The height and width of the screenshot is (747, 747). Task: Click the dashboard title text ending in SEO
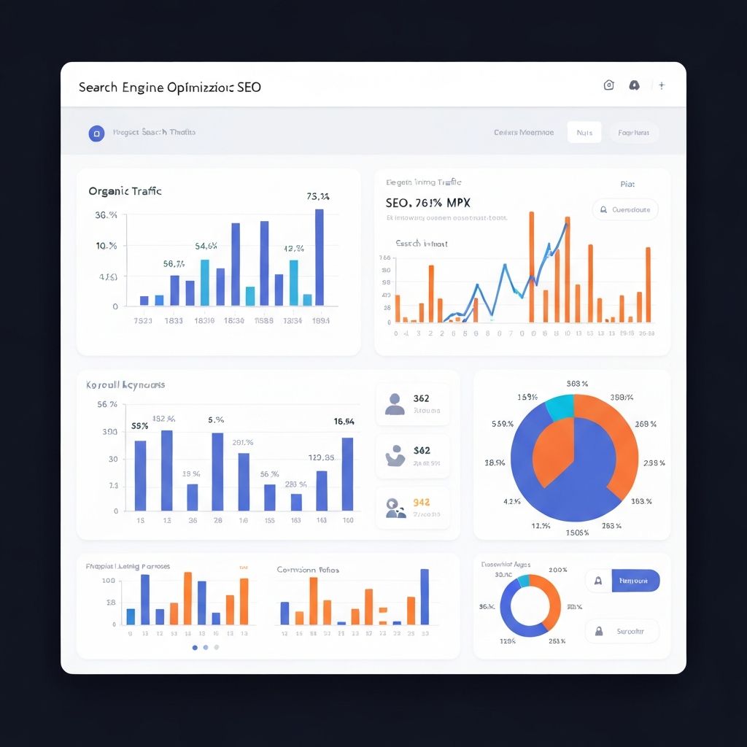pyautogui.click(x=169, y=87)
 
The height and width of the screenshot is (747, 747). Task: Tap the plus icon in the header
pyautogui.click(x=662, y=85)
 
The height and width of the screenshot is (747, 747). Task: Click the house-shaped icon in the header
pyautogui.click(x=608, y=85)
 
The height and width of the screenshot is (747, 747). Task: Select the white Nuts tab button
pyautogui.click(x=584, y=133)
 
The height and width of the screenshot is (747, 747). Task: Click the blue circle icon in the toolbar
pyautogui.click(x=96, y=133)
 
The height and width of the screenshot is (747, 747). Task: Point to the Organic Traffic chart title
pyautogui.click(x=125, y=191)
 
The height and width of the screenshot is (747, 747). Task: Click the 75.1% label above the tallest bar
pyautogui.click(x=318, y=196)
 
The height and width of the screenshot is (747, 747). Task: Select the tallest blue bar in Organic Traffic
pyautogui.click(x=319, y=257)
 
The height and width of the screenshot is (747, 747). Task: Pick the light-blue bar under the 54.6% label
pyautogui.click(x=204, y=282)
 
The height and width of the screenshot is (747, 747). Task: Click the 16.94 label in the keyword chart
pyautogui.click(x=344, y=421)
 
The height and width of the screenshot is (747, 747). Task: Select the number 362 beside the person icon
pyautogui.click(x=421, y=398)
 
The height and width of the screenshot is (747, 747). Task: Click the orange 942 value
pyautogui.click(x=421, y=502)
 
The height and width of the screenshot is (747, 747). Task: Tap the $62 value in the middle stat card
pyautogui.click(x=421, y=451)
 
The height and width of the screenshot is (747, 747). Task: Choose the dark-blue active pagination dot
pyautogui.click(x=195, y=647)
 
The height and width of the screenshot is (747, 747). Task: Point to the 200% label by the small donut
pyautogui.click(x=557, y=570)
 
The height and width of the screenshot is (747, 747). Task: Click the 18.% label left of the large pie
pyautogui.click(x=494, y=462)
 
